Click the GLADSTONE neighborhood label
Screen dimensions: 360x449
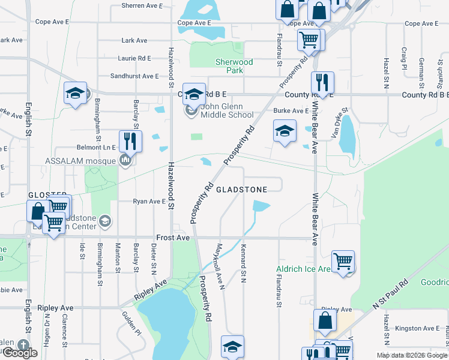click(x=250, y=189)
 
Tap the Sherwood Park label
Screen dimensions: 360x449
click(x=234, y=66)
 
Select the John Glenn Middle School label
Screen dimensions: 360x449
click(x=227, y=111)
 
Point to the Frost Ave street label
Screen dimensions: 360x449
click(x=173, y=238)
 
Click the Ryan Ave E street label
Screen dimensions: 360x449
click(x=149, y=202)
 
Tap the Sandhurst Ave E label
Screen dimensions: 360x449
click(x=134, y=76)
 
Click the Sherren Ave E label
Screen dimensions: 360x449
click(x=142, y=5)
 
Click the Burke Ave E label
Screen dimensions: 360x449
click(x=291, y=111)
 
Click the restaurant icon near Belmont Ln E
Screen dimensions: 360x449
click(x=130, y=142)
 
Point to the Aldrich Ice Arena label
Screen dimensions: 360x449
click(x=303, y=269)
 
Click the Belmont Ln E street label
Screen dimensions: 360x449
click(x=96, y=146)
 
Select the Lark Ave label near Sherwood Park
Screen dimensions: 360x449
click(x=134, y=41)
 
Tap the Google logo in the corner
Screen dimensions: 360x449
click(x=20, y=353)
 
